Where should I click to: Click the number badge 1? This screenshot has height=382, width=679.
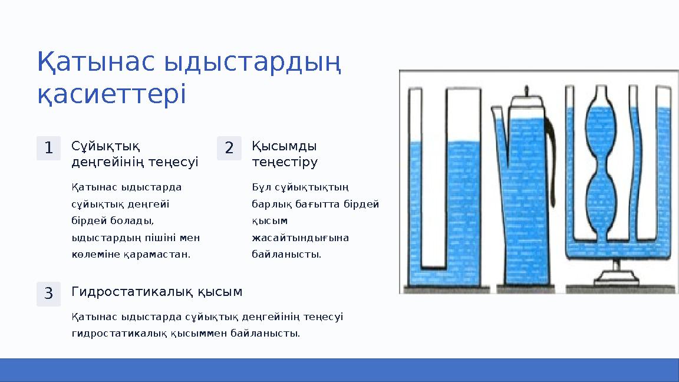coord(48,148)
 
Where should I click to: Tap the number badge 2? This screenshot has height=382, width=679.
coord(229,148)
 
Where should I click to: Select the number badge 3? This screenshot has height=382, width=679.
coord(48,294)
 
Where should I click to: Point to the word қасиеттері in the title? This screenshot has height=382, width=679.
coord(111,94)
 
